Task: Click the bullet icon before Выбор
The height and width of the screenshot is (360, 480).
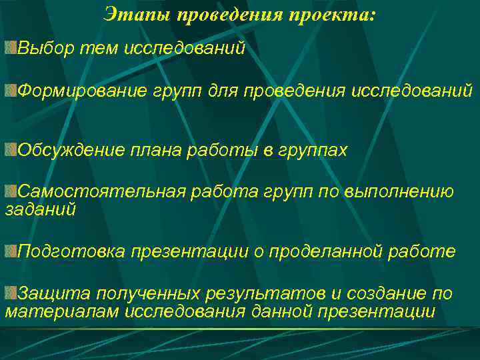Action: [x=10, y=48]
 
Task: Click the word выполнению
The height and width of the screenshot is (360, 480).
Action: [x=399, y=193]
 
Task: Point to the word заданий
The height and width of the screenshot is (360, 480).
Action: [x=40, y=209]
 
